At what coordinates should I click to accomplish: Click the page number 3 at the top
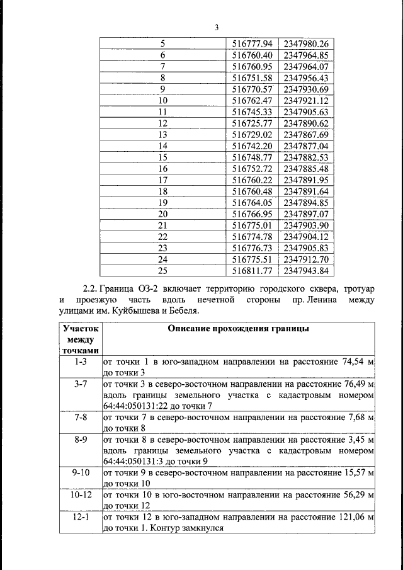pyautogui.click(x=216, y=28)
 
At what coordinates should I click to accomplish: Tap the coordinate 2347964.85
pyautogui.click(x=306, y=55)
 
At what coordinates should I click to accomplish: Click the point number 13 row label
pyautogui.click(x=163, y=135)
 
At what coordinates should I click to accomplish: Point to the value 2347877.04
pyautogui.click(x=306, y=146)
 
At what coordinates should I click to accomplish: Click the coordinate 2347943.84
pyautogui.click(x=306, y=271)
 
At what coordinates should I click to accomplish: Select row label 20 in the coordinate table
pyautogui.click(x=163, y=214)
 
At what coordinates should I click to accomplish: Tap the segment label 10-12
pyautogui.click(x=81, y=494)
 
